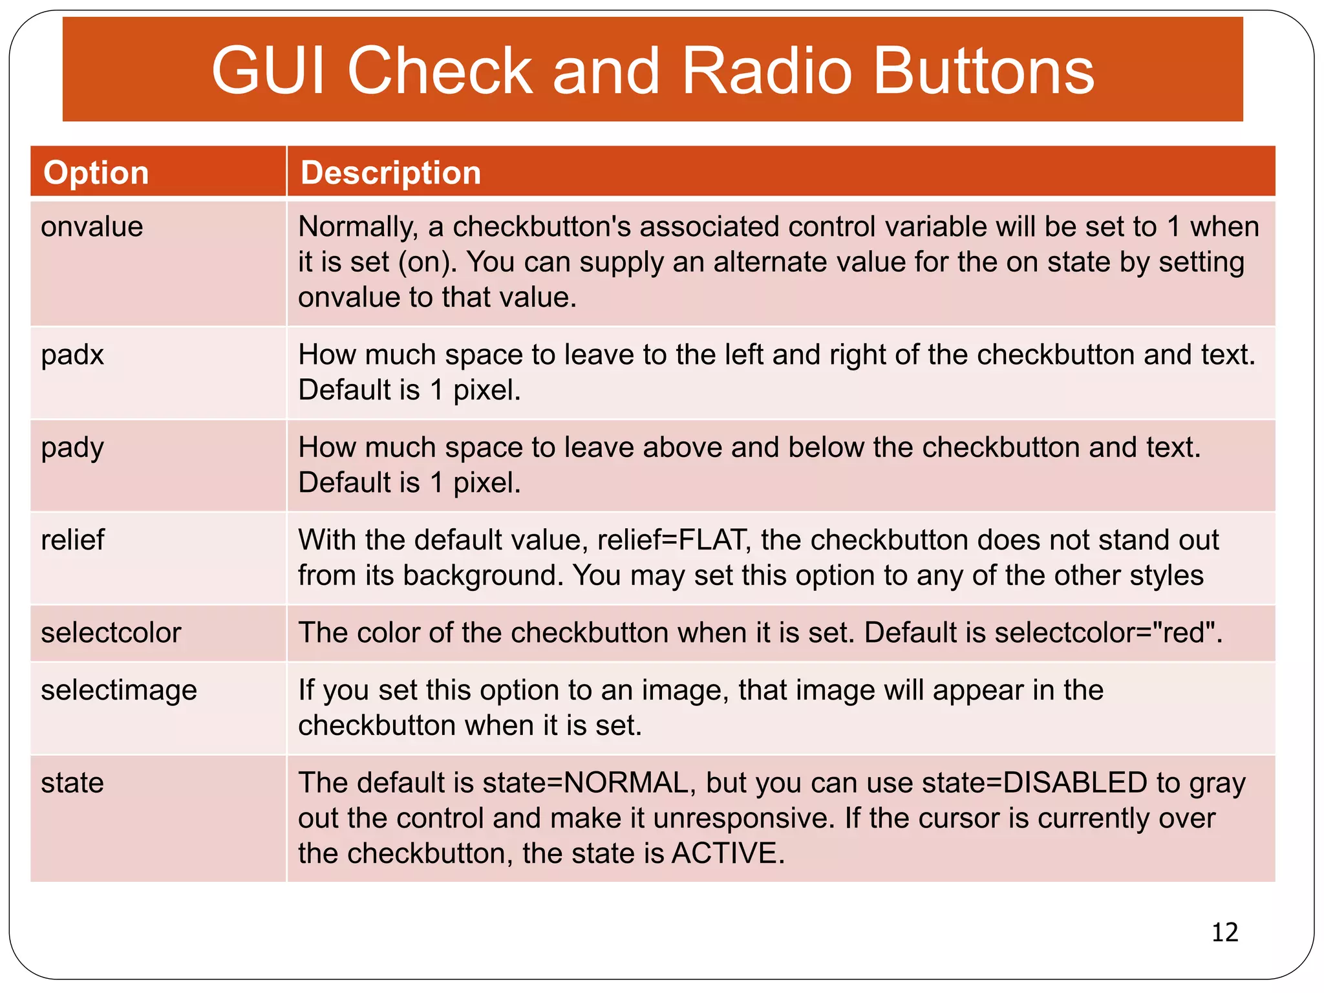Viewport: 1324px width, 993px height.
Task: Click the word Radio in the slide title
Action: coord(767,71)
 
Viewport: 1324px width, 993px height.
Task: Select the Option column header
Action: coord(96,173)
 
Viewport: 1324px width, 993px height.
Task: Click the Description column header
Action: coord(390,173)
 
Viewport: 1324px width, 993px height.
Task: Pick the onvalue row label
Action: coord(92,227)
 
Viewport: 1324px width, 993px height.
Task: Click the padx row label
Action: coord(72,355)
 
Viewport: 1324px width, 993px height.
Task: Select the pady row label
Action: coord(72,448)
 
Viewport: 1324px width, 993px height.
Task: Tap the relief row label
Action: coord(72,540)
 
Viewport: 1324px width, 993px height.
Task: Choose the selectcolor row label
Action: coord(111,633)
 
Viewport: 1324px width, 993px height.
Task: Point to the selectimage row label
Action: coord(119,690)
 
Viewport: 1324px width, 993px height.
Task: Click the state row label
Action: coord(72,783)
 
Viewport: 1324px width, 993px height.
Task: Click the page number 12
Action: coord(1224,932)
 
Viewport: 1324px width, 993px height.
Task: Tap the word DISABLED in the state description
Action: coord(1074,783)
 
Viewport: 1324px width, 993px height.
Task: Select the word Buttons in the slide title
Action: coord(984,71)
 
